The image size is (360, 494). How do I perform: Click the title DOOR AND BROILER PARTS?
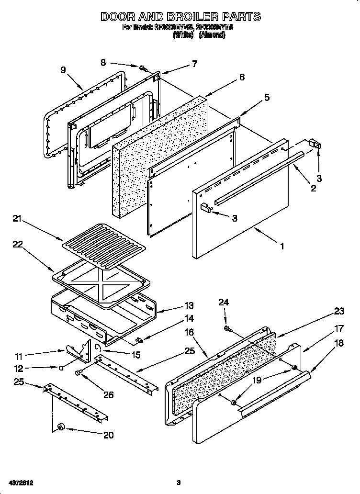coord(180,17)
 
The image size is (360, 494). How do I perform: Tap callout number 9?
coord(63,69)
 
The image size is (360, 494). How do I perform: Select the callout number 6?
coord(242,77)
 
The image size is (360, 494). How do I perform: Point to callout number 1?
coord(282,247)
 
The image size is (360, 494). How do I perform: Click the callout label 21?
coord(17,219)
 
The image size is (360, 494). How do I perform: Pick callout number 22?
coord(17,244)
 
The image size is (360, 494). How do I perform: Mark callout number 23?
coord(339,312)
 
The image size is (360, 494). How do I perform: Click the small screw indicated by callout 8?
coord(143,68)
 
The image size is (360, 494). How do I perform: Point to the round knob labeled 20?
coord(61,427)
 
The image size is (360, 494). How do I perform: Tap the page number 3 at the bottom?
coord(178,482)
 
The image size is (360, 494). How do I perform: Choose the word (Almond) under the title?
coord(212,35)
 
